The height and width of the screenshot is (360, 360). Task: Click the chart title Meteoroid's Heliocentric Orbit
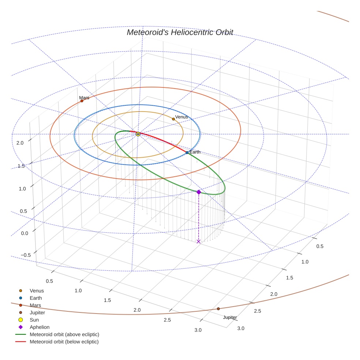pos(180,32)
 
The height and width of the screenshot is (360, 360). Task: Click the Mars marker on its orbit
pos(82,101)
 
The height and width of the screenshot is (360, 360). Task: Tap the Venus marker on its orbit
pos(173,119)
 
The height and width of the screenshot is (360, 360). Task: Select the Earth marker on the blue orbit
pos(187,152)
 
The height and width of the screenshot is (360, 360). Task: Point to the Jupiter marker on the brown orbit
pos(218,309)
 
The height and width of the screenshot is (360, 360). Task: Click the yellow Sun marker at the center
pos(138,134)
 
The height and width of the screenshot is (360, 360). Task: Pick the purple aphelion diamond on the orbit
pos(199,192)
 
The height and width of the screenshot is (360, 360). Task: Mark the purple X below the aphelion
pos(199,241)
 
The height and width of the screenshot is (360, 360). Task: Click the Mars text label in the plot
pos(84,98)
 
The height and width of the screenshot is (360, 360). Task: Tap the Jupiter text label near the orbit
pos(230,317)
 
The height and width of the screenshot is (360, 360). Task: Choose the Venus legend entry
pos(37,291)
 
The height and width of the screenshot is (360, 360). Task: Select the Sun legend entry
pos(34,320)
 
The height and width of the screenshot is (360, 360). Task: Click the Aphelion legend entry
pos(40,327)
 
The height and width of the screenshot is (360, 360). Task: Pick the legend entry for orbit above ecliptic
pos(64,334)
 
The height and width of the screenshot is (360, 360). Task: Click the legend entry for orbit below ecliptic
pos(64,342)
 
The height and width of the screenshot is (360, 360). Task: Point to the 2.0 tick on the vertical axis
pos(20,143)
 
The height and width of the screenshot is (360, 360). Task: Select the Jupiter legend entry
pos(37,313)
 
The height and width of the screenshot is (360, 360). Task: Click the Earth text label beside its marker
pos(195,152)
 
